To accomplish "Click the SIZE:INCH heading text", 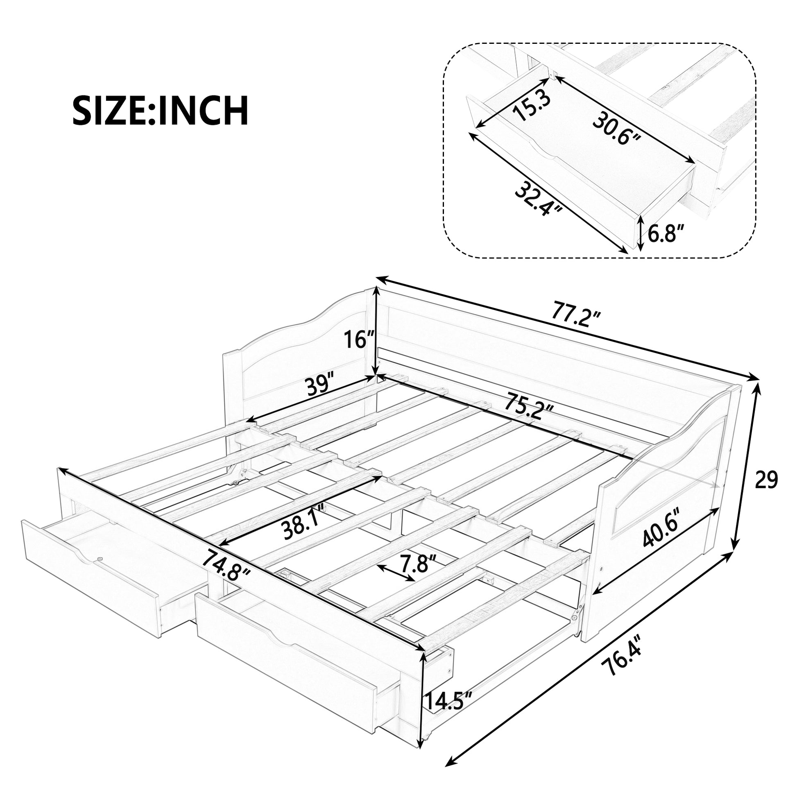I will (x=161, y=110).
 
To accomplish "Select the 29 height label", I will (x=766, y=480).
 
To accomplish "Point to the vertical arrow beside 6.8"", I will (x=640, y=234).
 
